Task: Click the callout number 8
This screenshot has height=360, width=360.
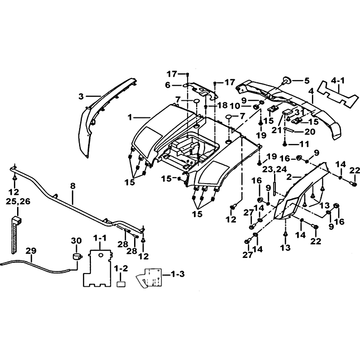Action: (72, 186)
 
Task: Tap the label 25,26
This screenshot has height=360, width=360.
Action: (18, 201)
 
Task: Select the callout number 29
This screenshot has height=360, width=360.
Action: (31, 251)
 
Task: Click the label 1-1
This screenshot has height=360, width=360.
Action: (100, 238)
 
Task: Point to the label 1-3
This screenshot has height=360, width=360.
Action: (177, 274)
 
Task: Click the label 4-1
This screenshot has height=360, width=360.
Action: (338, 81)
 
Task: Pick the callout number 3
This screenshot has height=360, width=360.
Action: (81, 97)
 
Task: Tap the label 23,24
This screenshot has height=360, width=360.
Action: (274, 169)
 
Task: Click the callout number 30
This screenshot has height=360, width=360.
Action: (76, 241)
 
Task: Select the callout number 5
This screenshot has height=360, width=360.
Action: (307, 81)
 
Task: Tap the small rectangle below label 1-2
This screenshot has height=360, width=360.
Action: (121, 284)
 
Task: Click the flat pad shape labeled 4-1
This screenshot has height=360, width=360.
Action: (337, 94)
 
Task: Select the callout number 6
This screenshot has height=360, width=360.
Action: (168, 85)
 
